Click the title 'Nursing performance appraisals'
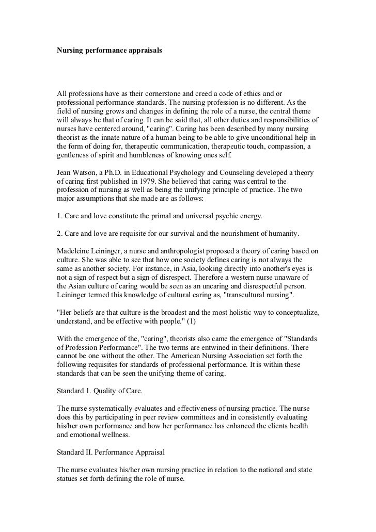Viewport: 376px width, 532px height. click(109, 52)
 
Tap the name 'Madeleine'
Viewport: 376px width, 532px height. click(74, 251)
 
